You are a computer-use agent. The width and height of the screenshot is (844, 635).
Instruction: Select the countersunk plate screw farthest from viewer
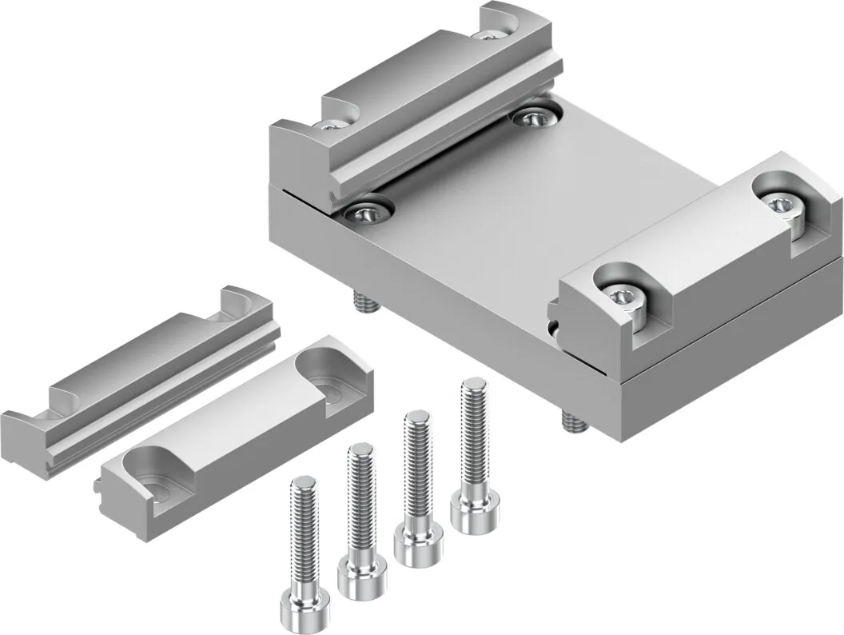tap(531, 118)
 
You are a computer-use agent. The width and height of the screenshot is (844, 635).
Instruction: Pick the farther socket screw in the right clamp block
tap(778, 205)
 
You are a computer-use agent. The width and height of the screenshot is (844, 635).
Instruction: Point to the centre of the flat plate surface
tap(512, 216)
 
